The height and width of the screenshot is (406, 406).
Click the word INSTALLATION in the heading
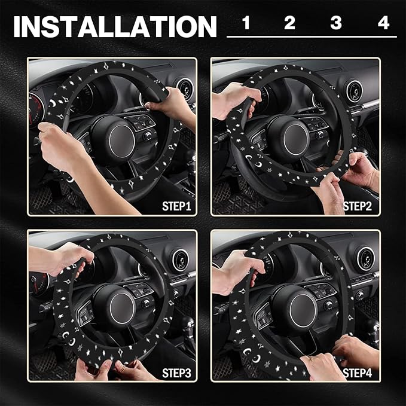click(115, 26)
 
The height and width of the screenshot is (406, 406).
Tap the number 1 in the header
click(246, 23)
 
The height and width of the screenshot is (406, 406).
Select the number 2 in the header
click(289, 23)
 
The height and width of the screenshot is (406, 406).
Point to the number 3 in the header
click(336, 23)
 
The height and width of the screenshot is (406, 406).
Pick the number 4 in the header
click(383, 23)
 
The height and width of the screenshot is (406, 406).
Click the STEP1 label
click(176, 206)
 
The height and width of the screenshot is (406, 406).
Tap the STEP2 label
click(358, 206)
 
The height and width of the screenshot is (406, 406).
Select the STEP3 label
click(176, 373)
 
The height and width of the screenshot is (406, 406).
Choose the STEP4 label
click(358, 373)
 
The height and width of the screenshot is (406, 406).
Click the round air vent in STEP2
click(354, 91)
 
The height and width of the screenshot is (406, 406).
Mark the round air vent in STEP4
click(366, 259)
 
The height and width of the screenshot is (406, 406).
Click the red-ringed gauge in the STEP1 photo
click(35, 111)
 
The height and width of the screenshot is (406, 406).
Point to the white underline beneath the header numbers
click(312, 36)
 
